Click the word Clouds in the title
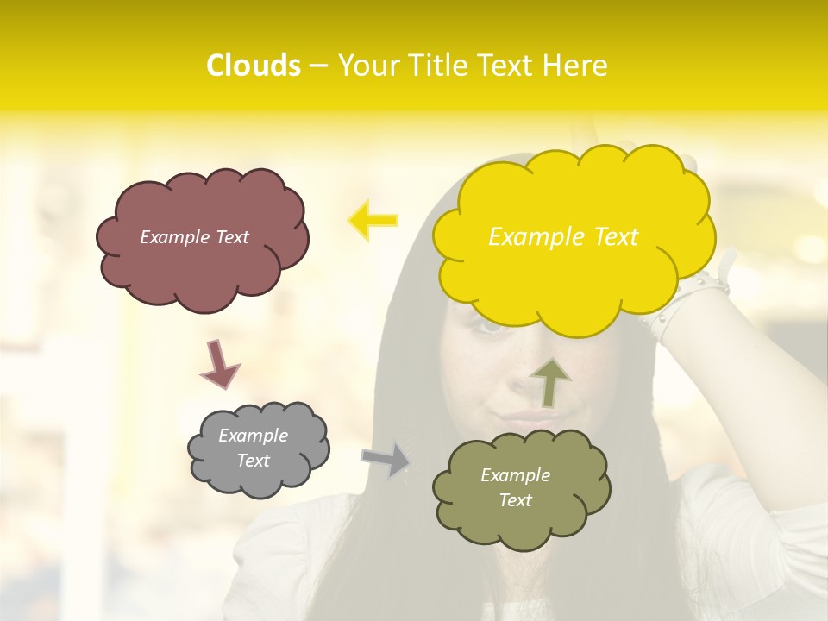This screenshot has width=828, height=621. [254, 66]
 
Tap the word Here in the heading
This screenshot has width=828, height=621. [574, 66]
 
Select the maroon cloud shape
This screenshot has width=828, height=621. [202, 267]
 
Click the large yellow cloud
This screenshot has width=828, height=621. [574, 276]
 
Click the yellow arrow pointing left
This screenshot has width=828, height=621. [373, 220]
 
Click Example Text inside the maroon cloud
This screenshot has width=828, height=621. [194, 237]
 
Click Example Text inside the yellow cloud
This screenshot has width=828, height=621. [563, 237]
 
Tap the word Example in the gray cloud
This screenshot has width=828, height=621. [253, 436]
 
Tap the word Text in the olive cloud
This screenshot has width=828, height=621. [515, 500]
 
